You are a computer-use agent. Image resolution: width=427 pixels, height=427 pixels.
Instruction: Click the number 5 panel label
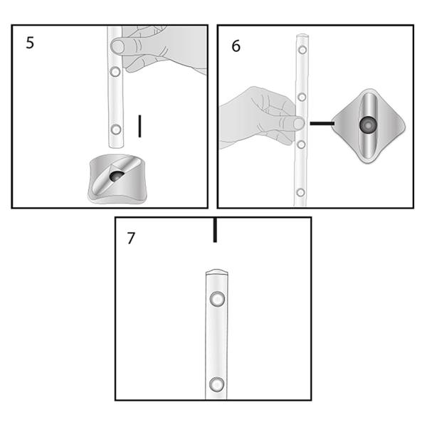[x=29, y=42]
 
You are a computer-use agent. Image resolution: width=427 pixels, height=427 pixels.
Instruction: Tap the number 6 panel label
[x=236, y=46]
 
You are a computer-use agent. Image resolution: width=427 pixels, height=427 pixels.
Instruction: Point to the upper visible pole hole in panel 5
[x=115, y=73]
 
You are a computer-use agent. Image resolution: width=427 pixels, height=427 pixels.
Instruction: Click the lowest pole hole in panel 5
[x=115, y=130]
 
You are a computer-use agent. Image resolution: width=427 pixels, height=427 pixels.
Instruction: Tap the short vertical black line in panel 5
[x=140, y=126]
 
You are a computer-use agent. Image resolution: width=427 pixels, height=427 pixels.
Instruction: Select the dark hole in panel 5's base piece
[x=117, y=175]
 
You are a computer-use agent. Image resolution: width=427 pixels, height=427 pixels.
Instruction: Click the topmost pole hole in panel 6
[x=302, y=51]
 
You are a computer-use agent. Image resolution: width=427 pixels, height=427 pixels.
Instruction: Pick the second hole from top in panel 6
[x=302, y=97]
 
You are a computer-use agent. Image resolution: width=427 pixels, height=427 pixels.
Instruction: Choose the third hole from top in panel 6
[x=301, y=144]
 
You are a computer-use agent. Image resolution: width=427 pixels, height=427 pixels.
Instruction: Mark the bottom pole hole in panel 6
[x=300, y=192]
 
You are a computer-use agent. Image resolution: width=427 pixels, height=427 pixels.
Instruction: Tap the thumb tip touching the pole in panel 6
[x=297, y=124]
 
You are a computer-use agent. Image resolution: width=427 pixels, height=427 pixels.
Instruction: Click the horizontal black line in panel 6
[x=322, y=123]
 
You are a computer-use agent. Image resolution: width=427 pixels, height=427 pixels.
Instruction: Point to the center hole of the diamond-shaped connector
[x=368, y=125]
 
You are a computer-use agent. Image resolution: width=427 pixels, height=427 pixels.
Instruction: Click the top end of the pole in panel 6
[x=302, y=35]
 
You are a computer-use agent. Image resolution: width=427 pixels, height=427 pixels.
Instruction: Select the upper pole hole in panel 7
[x=216, y=299]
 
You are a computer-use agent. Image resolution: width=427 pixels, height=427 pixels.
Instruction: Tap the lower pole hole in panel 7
[x=216, y=385]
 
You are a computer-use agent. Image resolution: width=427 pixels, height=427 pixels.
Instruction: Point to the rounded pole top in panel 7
[x=216, y=272]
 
